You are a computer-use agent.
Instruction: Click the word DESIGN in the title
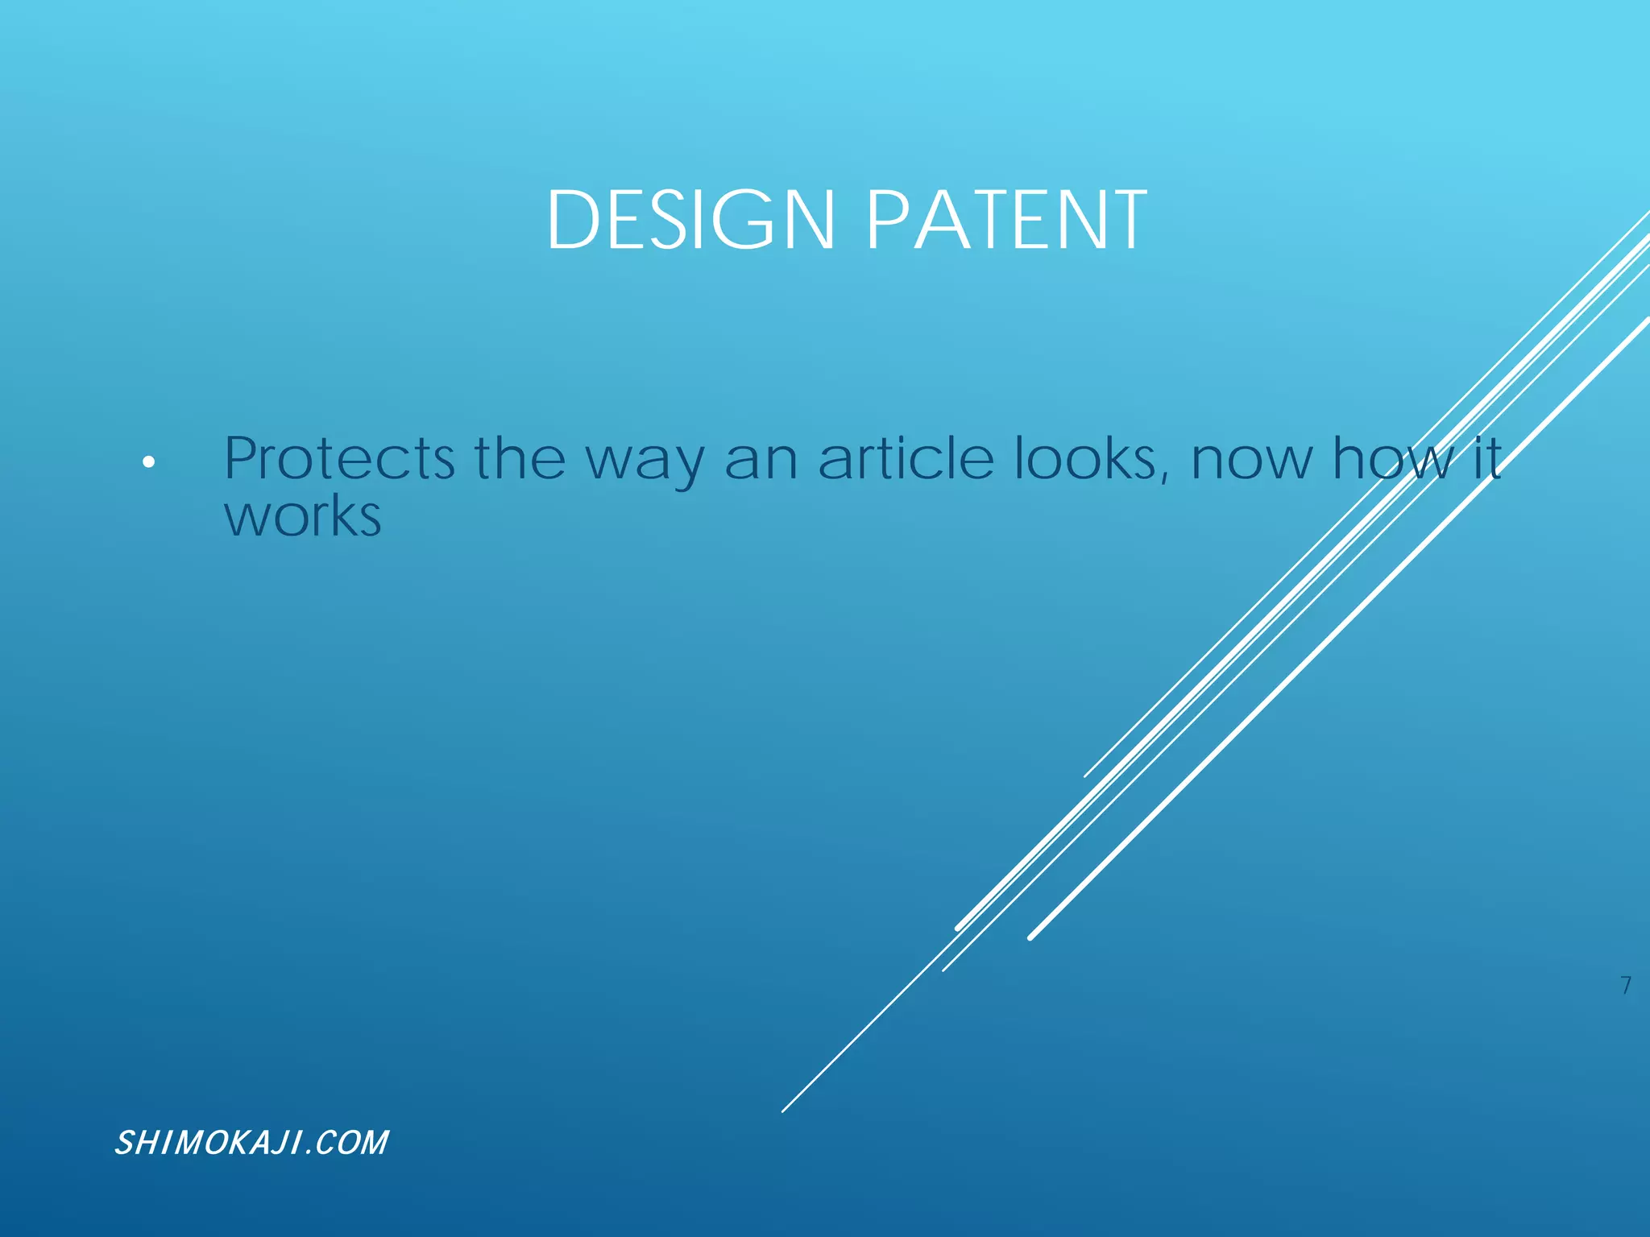point(690,220)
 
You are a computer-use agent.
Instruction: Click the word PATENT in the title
point(1006,220)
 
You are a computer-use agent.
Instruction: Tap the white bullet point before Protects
point(147,462)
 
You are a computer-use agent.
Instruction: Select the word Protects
point(339,458)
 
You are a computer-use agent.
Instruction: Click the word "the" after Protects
point(520,458)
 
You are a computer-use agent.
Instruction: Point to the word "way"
point(644,462)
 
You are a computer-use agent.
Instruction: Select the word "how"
point(1393,458)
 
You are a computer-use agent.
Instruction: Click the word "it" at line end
point(1487,458)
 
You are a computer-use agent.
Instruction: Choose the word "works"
point(302,517)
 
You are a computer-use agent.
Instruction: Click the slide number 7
point(1626,985)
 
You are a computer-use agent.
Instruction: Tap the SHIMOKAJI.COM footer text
point(251,1143)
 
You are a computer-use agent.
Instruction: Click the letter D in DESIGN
point(574,220)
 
